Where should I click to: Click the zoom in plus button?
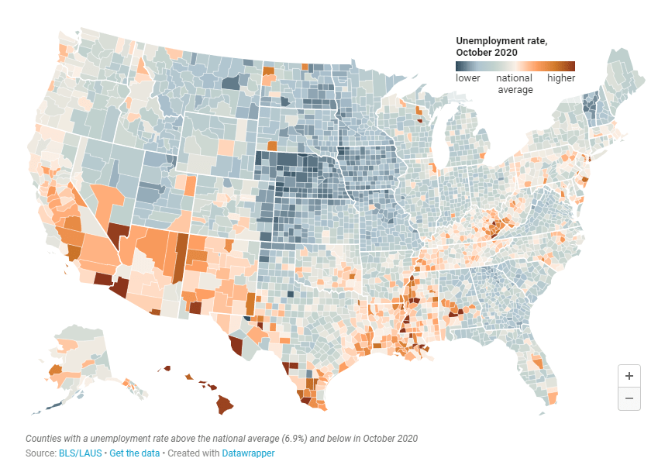point(629,376)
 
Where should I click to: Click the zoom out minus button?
point(629,398)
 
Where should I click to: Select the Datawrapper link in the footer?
point(248,453)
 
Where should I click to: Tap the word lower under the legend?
point(468,78)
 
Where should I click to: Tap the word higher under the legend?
point(561,78)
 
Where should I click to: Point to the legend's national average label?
point(515,84)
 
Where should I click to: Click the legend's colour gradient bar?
point(515,66)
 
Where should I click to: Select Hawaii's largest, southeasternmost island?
point(224,404)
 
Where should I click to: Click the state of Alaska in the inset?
point(78,360)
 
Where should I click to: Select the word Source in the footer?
point(40,453)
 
